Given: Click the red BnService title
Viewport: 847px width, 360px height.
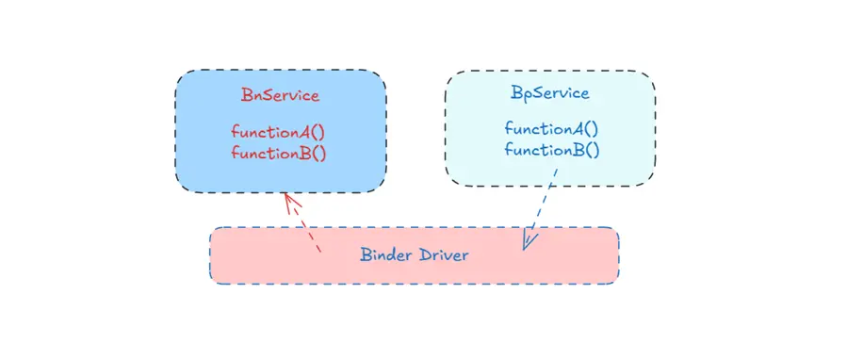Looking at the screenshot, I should tap(280, 95).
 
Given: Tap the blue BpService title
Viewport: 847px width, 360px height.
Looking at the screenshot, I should tap(550, 93).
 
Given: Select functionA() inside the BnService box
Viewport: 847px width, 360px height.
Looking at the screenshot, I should tap(279, 132).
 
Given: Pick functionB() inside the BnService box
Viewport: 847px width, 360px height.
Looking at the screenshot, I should tap(279, 153).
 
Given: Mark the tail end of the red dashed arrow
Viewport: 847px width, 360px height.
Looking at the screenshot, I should tap(320, 252).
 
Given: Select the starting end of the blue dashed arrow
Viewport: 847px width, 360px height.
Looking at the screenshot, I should tap(557, 170).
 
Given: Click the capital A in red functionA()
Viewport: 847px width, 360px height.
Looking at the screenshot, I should tap(302, 132).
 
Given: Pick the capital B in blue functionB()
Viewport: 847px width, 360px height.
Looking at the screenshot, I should tap(576, 150).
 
